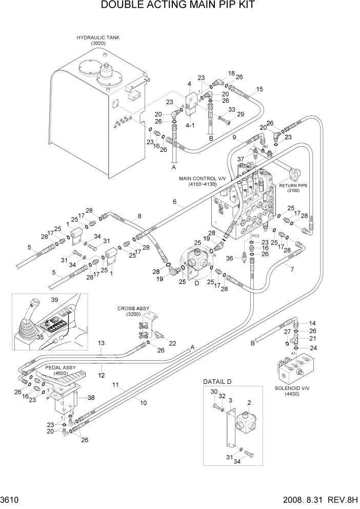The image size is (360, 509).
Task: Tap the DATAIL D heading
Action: coord(217,381)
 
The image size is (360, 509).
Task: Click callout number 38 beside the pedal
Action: coord(91,397)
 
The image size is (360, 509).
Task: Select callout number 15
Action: coord(259,89)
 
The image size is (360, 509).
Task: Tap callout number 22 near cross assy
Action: coord(172,343)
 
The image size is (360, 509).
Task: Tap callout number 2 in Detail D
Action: coord(249,403)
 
